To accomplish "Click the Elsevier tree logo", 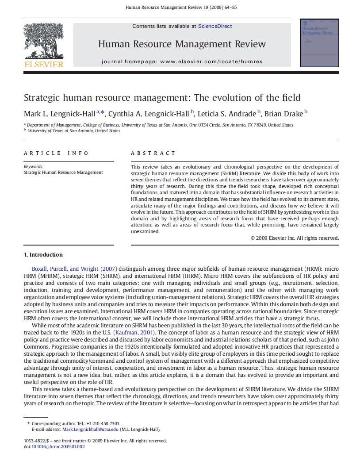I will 44,41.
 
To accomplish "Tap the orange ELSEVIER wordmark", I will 44,65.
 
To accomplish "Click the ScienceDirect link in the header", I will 215,27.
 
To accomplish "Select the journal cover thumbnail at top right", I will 319,43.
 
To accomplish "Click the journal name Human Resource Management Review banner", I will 182,44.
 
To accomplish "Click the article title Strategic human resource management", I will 162,98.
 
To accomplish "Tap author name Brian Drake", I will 284,114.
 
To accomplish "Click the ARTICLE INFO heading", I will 56,153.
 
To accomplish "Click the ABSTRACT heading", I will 153,153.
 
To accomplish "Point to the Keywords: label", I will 34,167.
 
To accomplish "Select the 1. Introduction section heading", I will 43,255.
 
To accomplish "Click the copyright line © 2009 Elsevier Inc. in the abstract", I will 295,238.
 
